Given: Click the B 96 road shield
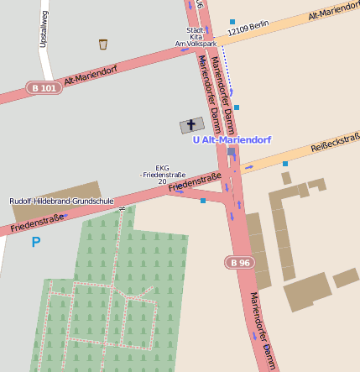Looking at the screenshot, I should pyautogui.click(x=240, y=263).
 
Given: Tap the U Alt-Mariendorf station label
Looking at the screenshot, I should pyautogui.click(x=231, y=140).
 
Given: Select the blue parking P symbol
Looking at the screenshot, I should pyautogui.click(x=35, y=242).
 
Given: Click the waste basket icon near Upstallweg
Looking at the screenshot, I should pyautogui.click(x=103, y=45).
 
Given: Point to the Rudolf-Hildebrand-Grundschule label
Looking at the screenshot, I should pyautogui.click(x=61, y=202).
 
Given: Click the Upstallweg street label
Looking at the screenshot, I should pyautogui.click(x=43, y=29).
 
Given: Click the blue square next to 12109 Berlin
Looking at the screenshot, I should pyautogui.click(x=232, y=22).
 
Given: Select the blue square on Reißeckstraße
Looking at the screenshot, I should pyautogui.click(x=285, y=164).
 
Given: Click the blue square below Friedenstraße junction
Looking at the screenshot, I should pyautogui.click(x=202, y=201).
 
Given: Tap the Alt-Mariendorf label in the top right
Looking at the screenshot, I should pyautogui.click(x=333, y=12).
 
